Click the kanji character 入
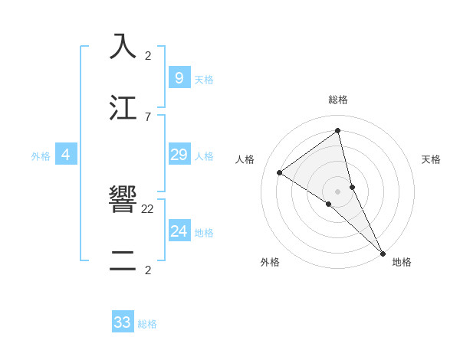(123, 46)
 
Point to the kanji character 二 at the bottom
(123, 261)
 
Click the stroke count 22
(148, 208)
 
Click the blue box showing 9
(179, 77)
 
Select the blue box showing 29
(179, 155)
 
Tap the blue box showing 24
(179, 231)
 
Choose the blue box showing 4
(65, 155)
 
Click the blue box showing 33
(123, 322)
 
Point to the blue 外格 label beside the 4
(41, 155)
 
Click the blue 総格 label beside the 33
(147, 324)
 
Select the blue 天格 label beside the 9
(204, 79)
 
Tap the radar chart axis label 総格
(338, 100)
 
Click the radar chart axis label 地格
(402, 262)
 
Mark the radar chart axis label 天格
(431, 159)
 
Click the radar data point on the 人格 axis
(279, 172)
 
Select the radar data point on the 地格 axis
(383, 253)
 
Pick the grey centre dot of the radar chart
(338, 191)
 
